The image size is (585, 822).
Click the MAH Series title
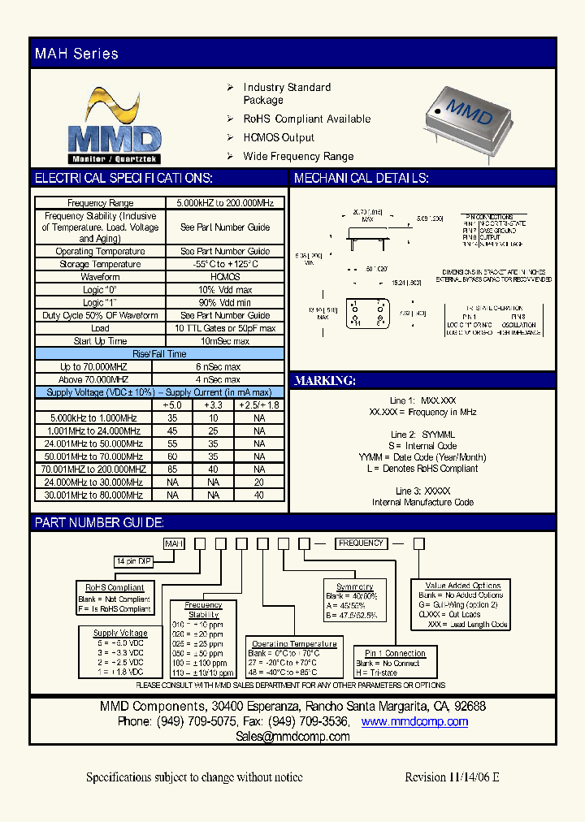click(x=76, y=54)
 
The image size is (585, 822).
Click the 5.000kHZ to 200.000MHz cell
click(x=225, y=203)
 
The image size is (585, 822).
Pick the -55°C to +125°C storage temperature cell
click(x=225, y=264)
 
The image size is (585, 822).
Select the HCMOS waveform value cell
click(x=225, y=277)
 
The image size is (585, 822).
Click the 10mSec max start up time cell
click(x=225, y=341)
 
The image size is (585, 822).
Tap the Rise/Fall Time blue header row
click(x=159, y=354)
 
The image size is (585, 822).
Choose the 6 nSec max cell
click(x=219, y=367)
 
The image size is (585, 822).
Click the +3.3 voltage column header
click(x=214, y=405)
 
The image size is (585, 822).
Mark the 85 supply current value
click(x=172, y=469)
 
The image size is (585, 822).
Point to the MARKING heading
click(x=324, y=380)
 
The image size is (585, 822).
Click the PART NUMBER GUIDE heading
click(x=99, y=523)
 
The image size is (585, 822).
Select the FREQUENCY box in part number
click(x=361, y=543)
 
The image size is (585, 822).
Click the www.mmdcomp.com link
click(x=414, y=721)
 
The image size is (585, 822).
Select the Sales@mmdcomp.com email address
click(x=292, y=737)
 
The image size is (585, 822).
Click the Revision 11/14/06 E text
click(x=452, y=777)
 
